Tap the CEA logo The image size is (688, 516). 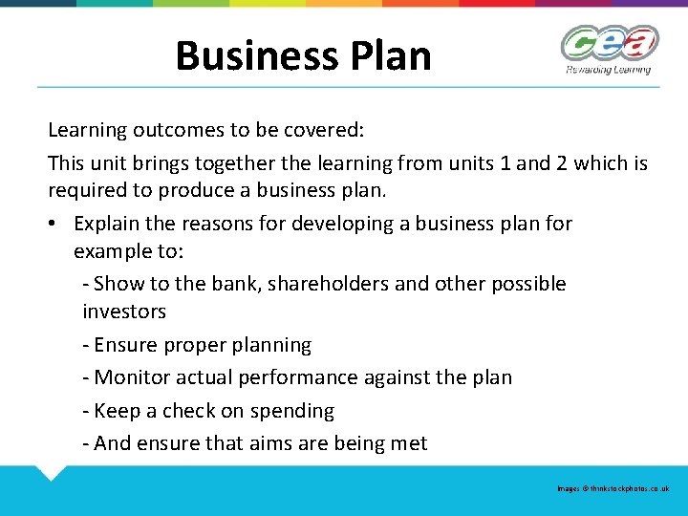click(609, 44)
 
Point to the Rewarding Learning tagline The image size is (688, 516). click(609, 69)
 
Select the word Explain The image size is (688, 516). click(110, 224)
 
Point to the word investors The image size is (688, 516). click(124, 312)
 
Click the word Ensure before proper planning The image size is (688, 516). click(127, 345)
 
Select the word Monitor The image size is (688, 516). click(132, 377)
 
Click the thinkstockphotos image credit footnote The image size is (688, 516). click(613, 488)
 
